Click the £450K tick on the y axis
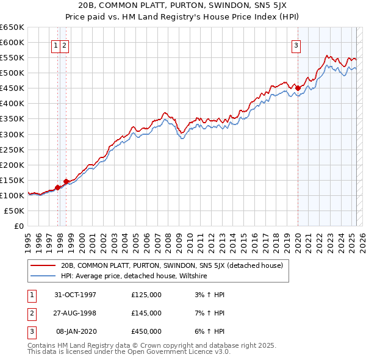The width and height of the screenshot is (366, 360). [x=12, y=88]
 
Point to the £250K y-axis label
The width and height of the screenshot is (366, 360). [x=12, y=149]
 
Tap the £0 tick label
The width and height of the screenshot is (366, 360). [x=18, y=226]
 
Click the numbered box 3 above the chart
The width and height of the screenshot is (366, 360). [x=296, y=45]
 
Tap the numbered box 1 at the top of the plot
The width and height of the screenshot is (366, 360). [x=56, y=45]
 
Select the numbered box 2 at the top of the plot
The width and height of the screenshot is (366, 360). [x=64, y=45]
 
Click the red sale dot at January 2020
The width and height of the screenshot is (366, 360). [x=298, y=88]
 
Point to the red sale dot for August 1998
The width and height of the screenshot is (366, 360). [x=66, y=181]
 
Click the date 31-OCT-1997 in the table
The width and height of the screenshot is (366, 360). [x=76, y=295]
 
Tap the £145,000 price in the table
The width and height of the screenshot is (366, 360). [x=146, y=313]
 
